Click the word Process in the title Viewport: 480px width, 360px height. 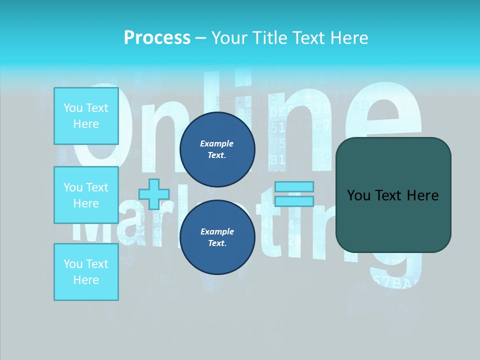coord(157,37)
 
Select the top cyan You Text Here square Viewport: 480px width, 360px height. coord(86,116)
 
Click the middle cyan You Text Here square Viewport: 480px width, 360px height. coord(86,195)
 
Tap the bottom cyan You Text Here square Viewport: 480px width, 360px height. coord(86,271)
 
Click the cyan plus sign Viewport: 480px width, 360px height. coord(154,194)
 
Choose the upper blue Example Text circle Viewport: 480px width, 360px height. coord(217,149)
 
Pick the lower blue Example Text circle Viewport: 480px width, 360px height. coord(217,237)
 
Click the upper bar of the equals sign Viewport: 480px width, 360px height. coord(294,186)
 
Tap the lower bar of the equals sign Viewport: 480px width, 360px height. coord(294,201)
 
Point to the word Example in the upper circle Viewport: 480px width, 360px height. coord(217,143)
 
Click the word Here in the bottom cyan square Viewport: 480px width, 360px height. coord(86,280)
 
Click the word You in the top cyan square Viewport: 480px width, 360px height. coord(73,108)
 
